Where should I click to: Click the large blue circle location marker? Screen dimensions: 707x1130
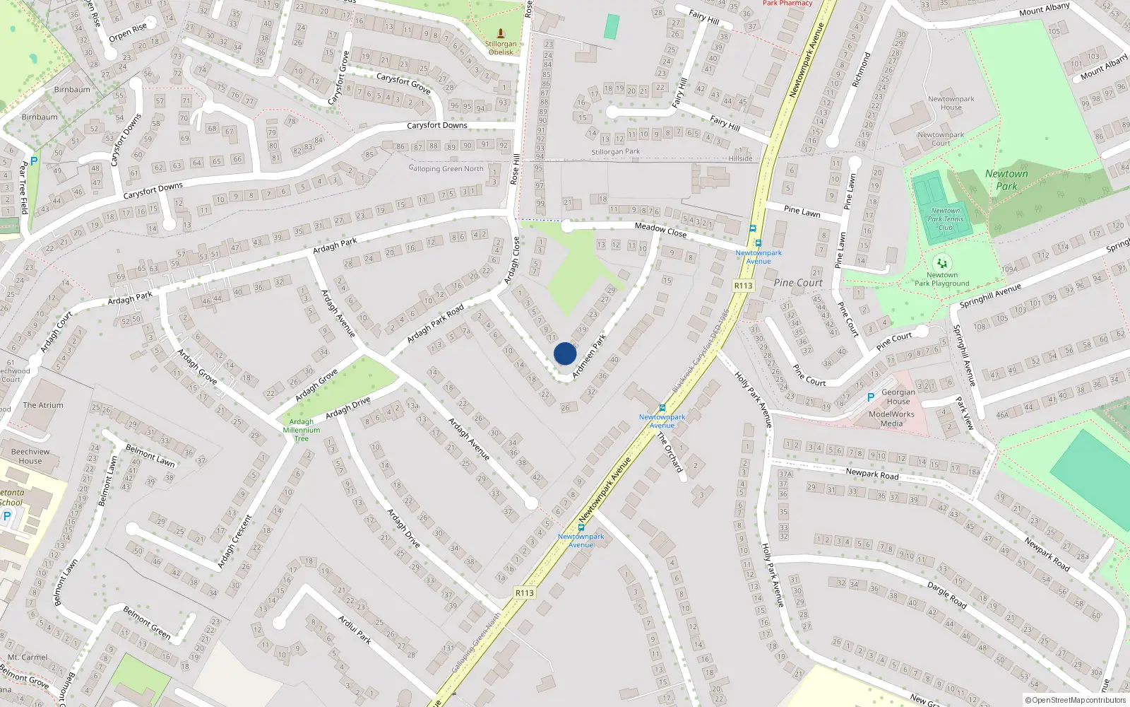565,353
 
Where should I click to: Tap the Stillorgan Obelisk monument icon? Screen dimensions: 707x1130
501,33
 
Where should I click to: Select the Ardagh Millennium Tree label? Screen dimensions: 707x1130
302,430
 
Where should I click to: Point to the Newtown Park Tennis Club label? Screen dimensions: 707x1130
946,219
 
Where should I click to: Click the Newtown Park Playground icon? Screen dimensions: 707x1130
942,264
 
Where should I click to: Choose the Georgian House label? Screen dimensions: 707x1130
898,397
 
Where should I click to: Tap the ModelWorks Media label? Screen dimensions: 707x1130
891,419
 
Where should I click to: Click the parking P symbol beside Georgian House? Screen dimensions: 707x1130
871,397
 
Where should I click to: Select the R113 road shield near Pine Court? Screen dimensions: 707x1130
743,286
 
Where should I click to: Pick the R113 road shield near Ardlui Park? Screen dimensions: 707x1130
524,592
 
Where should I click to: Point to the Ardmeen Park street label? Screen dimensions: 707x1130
589,356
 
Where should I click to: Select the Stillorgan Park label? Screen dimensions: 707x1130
616,151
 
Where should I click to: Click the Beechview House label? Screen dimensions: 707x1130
30,456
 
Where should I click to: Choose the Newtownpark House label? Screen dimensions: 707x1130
951,103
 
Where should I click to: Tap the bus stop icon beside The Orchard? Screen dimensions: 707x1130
662,408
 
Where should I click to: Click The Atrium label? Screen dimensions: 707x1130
43,405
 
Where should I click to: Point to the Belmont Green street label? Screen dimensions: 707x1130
147,622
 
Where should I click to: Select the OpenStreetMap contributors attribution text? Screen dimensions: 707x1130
1075,700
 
